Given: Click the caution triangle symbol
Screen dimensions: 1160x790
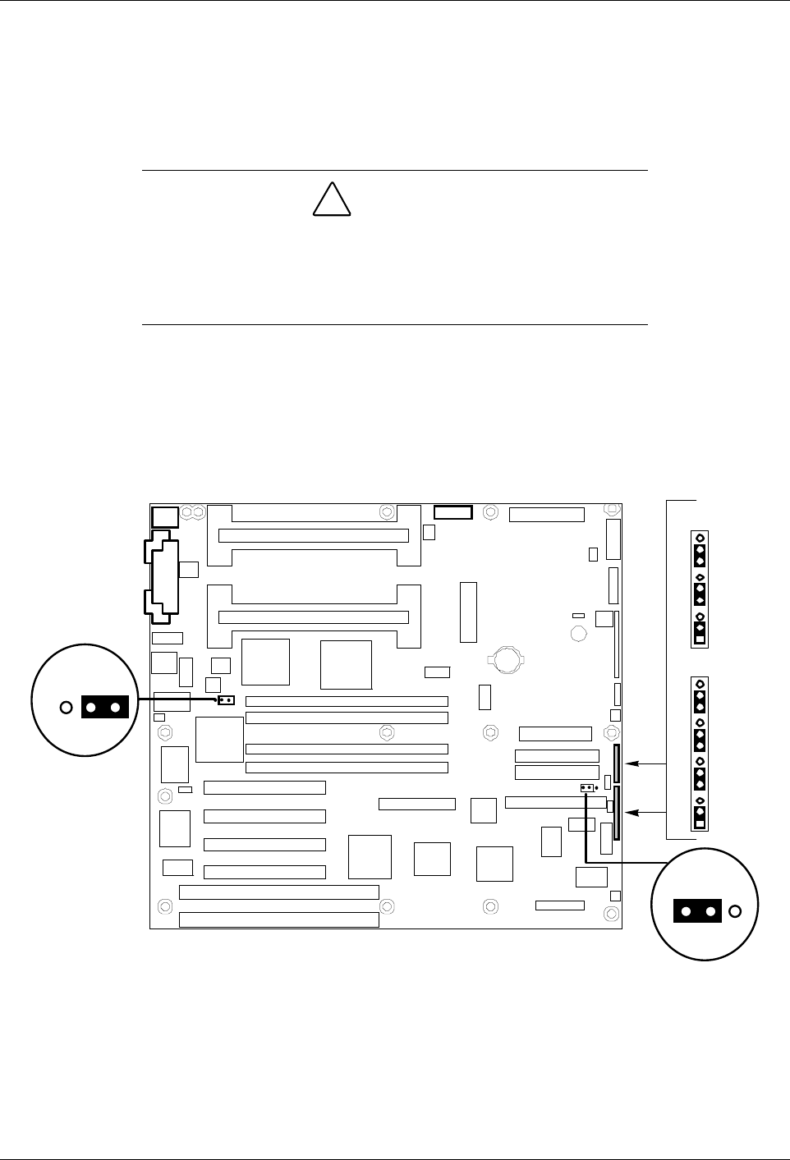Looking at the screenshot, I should [x=333, y=199].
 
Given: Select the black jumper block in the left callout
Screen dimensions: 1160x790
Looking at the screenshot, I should [x=105, y=707].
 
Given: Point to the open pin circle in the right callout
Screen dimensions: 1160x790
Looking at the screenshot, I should [x=735, y=911].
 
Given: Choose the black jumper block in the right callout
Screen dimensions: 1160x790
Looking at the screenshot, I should [x=697, y=911].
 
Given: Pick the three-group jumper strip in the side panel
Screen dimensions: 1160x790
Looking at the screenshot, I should [x=700, y=589].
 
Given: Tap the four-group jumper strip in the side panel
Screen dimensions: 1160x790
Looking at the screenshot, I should [x=700, y=754].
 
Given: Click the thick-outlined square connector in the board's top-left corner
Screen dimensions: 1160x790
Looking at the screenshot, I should [x=165, y=516].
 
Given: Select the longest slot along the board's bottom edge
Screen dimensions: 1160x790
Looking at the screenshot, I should [x=278, y=919].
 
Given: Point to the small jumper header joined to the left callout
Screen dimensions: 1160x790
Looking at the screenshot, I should [x=226, y=700].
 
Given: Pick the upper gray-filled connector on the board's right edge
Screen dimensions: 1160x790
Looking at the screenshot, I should [x=617, y=764].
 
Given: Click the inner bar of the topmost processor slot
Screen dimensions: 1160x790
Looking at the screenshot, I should [x=313, y=535].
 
